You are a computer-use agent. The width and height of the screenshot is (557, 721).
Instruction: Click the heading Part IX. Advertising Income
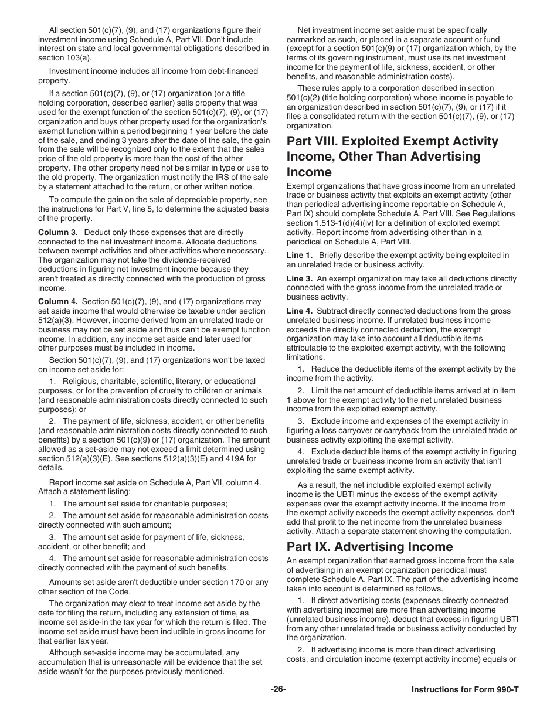[369, 547]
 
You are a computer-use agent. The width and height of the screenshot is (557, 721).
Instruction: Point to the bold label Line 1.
[299, 256]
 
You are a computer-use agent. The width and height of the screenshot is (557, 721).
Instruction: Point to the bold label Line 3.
[299, 278]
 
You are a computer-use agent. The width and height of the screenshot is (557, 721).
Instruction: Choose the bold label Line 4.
[299, 311]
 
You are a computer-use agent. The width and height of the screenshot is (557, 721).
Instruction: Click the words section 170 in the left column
[219, 582]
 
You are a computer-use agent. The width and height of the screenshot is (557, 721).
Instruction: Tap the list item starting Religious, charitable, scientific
[152, 381]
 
